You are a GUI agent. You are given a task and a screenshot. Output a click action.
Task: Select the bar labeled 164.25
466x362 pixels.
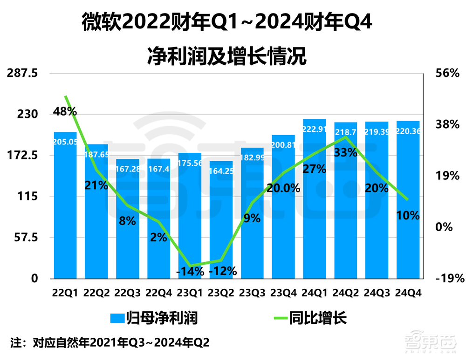click(x=221, y=219)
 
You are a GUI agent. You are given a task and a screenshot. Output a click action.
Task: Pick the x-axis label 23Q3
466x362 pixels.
click(x=252, y=293)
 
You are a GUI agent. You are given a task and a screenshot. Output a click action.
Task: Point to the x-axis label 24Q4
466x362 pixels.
click(x=408, y=293)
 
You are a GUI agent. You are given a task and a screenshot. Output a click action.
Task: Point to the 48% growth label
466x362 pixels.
click(x=65, y=111)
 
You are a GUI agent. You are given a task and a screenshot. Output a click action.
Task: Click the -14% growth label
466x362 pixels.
click(x=190, y=271)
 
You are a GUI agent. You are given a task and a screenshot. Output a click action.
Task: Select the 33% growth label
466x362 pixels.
click(x=346, y=152)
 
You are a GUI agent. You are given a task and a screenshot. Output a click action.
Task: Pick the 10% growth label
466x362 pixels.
click(x=408, y=215)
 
